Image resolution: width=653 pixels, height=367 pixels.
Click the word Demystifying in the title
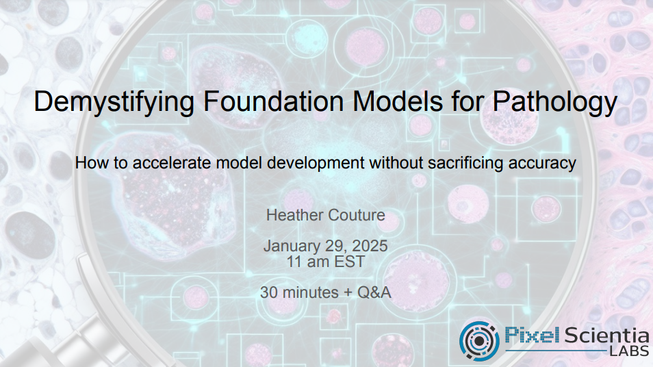pyautogui.click(x=114, y=101)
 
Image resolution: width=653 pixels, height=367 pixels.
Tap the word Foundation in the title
pyautogui.click(x=273, y=101)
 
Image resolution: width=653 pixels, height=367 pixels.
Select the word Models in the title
pyautogui.click(x=398, y=101)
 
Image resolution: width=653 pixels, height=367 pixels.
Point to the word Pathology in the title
pyautogui.click(x=554, y=101)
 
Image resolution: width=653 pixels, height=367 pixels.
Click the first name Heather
pyautogui.click(x=292, y=215)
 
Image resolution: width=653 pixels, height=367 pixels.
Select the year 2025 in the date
pyautogui.click(x=370, y=246)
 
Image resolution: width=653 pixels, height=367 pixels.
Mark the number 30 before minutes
pyautogui.click(x=269, y=292)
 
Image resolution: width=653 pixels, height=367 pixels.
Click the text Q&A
pyautogui.click(x=374, y=292)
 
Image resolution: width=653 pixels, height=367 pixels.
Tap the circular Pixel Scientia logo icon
pyautogui.click(x=479, y=340)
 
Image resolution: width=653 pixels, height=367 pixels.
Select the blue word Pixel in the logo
pyautogui.click(x=532, y=335)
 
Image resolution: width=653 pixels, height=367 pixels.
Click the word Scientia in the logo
pyautogui.click(x=606, y=335)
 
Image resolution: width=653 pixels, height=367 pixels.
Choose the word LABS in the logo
pyautogui.click(x=629, y=351)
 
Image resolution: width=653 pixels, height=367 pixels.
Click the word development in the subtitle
pyautogui.click(x=316, y=163)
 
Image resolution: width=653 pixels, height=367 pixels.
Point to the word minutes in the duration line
pyautogui.click(x=311, y=292)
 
